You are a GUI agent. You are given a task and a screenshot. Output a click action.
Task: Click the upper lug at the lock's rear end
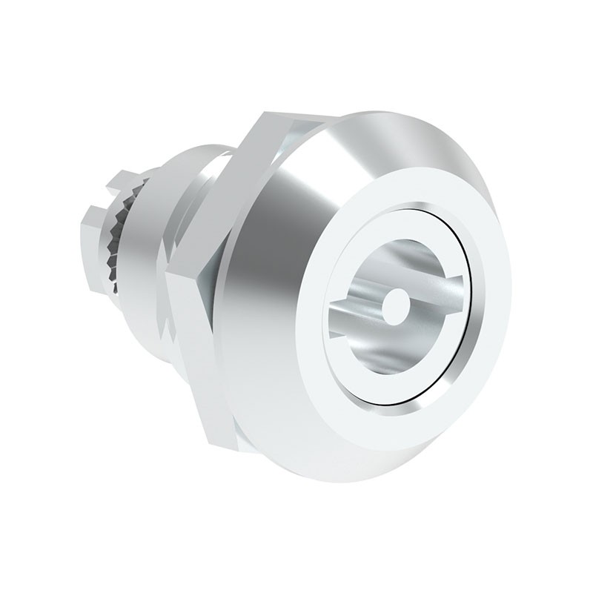pyautogui.click(x=111, y=182)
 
